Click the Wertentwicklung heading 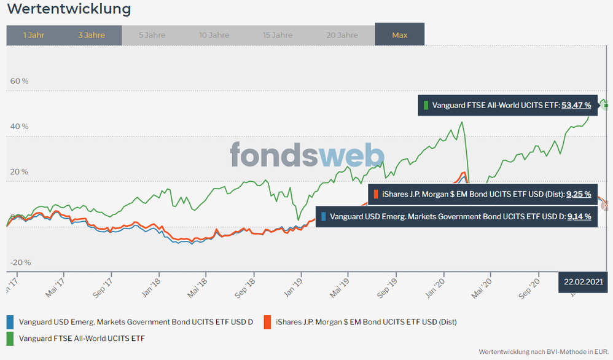69,9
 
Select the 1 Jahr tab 34,35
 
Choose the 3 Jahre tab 92,35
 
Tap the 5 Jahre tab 152,35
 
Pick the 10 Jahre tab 214,35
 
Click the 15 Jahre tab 278,35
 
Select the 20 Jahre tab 342,35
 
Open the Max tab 400,35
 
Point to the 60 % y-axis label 20,80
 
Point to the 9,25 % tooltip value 578,194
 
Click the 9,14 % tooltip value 579,216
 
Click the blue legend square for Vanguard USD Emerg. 10,321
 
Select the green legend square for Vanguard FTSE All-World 10,338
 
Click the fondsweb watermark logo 307,155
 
